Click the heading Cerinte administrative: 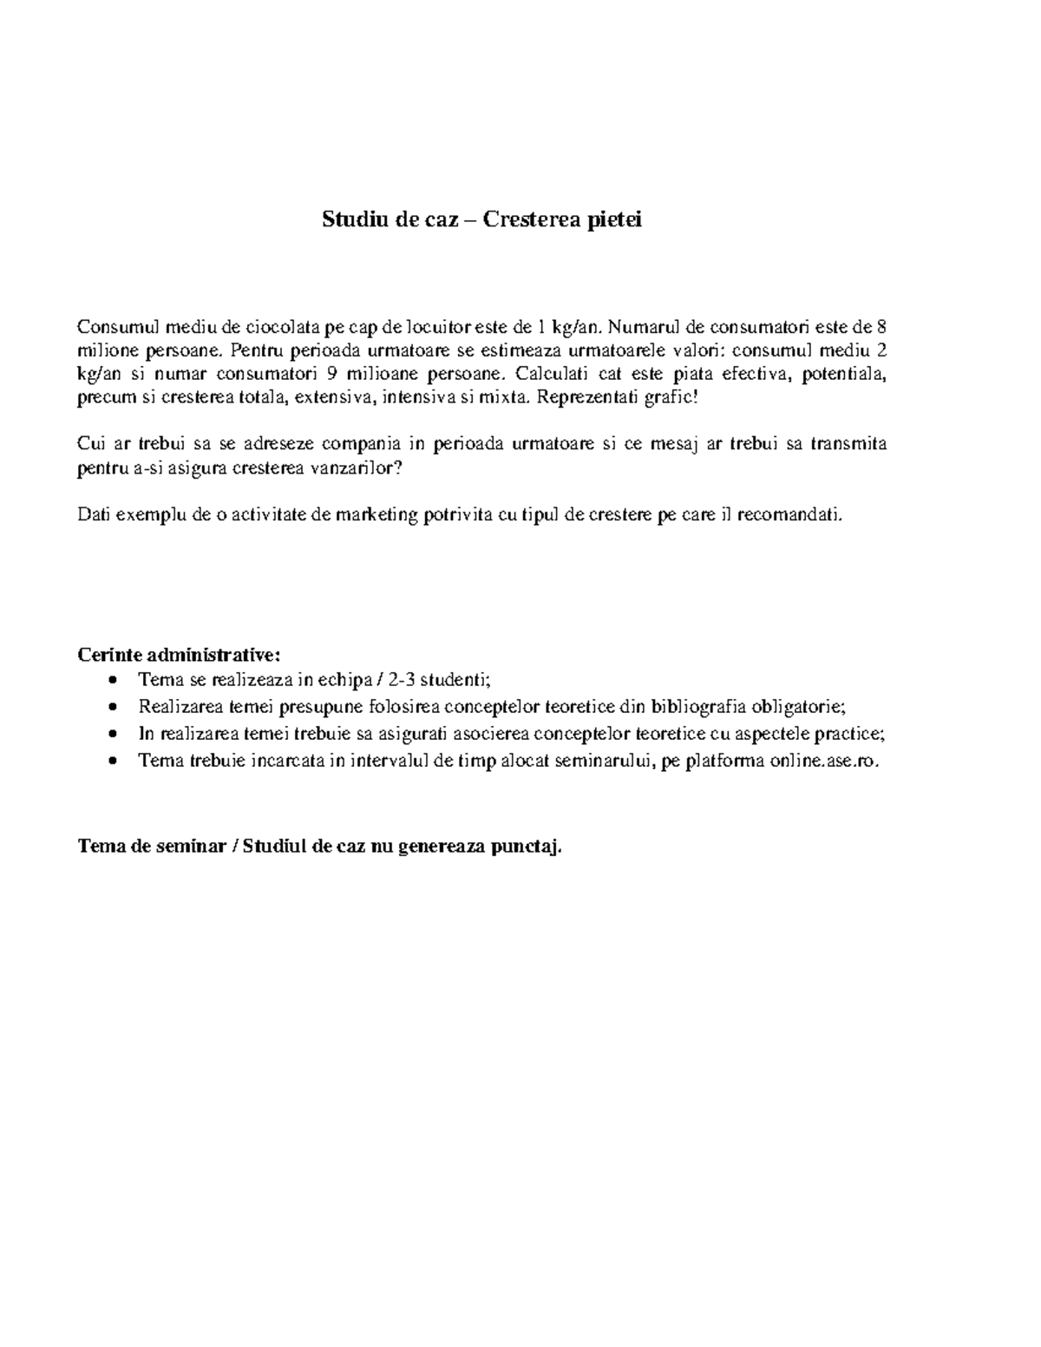pyautogui.click(x=180, y=653)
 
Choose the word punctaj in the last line pyautogui.click(x=526, y=847)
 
